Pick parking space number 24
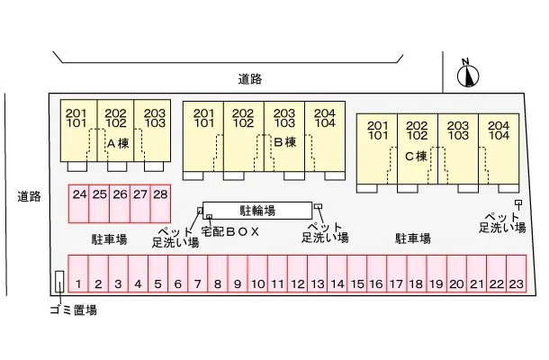[x=79, y=202]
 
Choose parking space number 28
[x=160, y=202]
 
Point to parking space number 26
[x=120, y=202]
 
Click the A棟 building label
[x=118, y=143]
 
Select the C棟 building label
[x=415, y=155]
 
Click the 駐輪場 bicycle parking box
[x=259, y=209]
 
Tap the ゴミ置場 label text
[x=73, y=310]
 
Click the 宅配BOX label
[x=230, y=231]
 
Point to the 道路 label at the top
[x=251, y=79]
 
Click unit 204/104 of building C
[x=498, y=130]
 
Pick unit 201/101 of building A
[x=76, y=117]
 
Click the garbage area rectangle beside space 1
[x=60, y=283]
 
